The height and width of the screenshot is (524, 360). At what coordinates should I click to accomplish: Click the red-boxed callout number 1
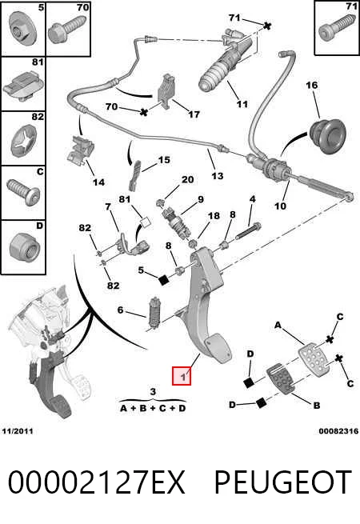[182, 377]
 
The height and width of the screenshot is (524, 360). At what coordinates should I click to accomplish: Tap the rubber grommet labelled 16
[326, 136]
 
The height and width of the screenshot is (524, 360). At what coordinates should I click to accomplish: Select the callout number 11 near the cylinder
[242, 104]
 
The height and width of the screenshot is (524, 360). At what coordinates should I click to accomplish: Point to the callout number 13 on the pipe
[218, 176]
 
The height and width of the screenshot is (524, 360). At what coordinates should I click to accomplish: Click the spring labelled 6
[154, 313]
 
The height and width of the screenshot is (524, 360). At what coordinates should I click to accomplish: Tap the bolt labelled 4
[248, 230]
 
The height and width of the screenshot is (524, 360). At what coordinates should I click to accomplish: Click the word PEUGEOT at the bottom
[283, 482]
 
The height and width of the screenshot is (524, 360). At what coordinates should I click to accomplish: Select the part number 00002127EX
[96, 482]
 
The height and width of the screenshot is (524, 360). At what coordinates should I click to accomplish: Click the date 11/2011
[18, 430]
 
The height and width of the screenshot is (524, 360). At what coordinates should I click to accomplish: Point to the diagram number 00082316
[338, 431]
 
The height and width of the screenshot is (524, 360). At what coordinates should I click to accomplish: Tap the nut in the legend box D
[25, 248]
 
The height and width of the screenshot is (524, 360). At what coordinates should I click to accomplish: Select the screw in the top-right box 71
[337, 31]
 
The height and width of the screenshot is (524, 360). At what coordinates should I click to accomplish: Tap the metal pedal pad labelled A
[314, 359]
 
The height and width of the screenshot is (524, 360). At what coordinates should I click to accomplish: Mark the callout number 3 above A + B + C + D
[153, 391]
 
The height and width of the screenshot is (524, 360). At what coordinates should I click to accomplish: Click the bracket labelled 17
[167, 92]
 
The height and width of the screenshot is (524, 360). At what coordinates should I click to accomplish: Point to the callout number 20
[187, 179]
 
